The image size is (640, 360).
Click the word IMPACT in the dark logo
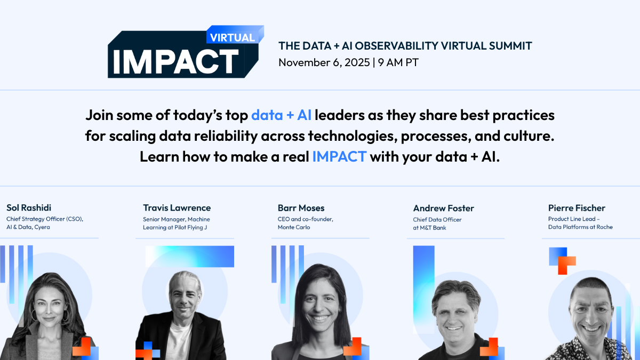[x=175, y=62]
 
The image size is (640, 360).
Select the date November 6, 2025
[x=324, y=62]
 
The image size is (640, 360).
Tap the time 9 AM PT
[x=398, y=62]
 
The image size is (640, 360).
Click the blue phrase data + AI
[x=281, y=115]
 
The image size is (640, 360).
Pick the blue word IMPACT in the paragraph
[x=339, y=157]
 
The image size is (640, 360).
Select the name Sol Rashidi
[x=29, y=207]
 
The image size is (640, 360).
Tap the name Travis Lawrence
[x=177, y=207]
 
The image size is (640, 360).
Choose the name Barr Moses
[x=301, y=208]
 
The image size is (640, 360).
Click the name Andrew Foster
[x=443, y=209]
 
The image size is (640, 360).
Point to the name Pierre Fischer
[x=577, y=208]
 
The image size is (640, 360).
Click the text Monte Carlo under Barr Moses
[x=294, y=227]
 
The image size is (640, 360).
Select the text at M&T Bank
[x=429, y=228]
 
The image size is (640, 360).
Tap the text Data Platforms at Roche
[x=580, y=227]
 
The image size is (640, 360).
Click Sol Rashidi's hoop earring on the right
[x=66, y=315]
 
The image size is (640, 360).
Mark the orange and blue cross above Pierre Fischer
[x=562, y=261]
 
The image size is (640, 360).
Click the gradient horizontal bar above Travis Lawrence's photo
[x=190, y=257]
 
